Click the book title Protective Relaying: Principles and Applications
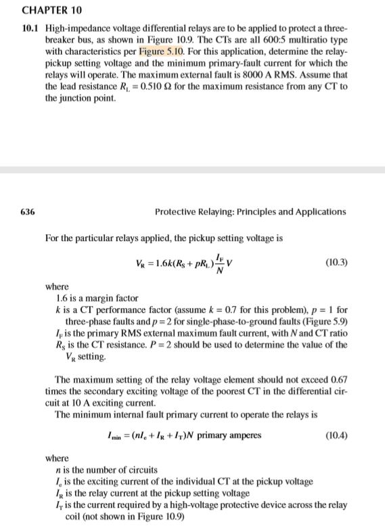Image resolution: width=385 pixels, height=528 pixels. coord(250,211)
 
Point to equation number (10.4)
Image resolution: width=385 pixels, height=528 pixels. coord(336,434)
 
